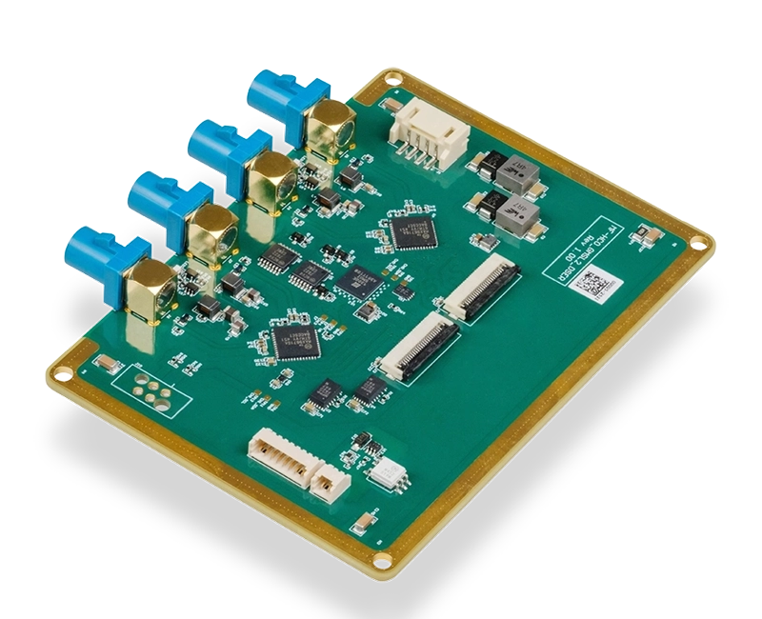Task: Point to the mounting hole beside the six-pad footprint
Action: click(63, 368)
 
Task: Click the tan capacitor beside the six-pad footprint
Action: click(108, 364)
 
